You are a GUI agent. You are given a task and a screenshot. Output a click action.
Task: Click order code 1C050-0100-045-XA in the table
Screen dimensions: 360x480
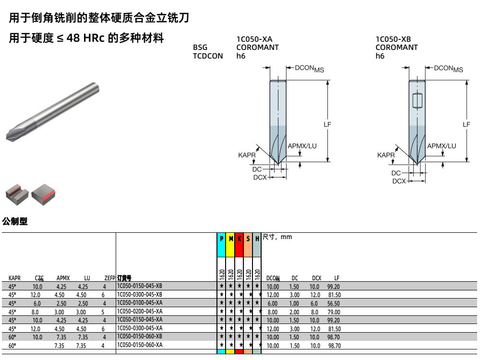point(140,303)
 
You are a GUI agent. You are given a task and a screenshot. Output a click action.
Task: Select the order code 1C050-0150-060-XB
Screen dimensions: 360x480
point(140,337)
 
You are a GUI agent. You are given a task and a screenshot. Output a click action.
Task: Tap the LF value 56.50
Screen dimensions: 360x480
point(334,303)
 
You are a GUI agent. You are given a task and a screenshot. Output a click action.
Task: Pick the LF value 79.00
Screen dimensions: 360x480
point(334,312)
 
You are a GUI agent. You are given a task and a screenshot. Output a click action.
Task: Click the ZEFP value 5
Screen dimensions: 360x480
point(104,312)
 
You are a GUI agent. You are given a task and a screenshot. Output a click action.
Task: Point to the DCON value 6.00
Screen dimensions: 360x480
point(273,303)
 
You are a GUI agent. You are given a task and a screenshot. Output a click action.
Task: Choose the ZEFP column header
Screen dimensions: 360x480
point(110,278)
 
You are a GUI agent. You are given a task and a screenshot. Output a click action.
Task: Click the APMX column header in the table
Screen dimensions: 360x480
point(63,278)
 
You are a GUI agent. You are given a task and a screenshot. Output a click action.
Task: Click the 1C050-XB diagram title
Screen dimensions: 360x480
point(393,39)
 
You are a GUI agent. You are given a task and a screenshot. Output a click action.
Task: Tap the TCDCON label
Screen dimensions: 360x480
point(208,56)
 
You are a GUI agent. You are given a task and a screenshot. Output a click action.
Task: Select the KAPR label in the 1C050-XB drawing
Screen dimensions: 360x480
point(386,155)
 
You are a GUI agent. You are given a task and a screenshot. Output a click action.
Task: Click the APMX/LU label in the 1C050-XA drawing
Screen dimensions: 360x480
point(302,146)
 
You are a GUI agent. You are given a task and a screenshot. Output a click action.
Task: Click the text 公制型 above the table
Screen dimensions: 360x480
point(15,221)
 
